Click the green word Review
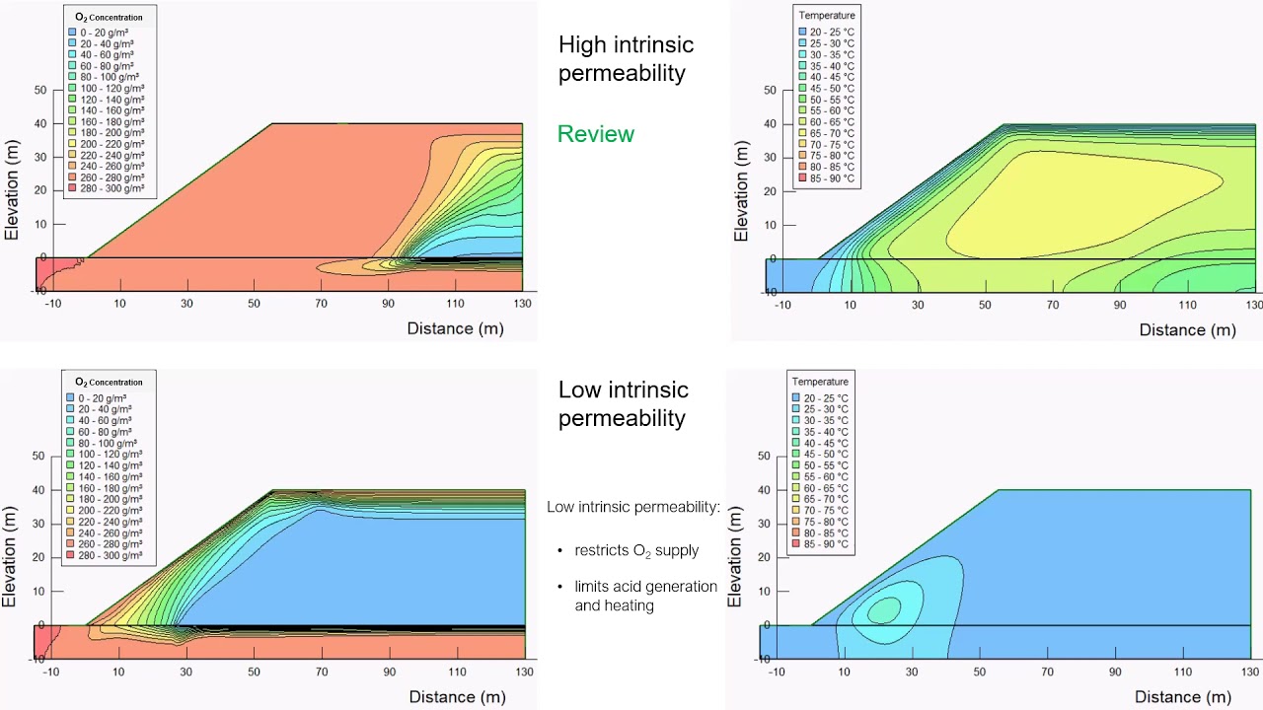point(595,134)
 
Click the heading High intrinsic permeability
point(626,58)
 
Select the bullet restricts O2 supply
point(636,550)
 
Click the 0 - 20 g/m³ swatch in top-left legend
point(73,33)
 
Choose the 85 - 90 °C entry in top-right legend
point(803,179)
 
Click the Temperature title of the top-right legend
point(827,16)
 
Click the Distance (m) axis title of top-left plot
point(455,328)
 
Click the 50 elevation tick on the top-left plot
point(40,90)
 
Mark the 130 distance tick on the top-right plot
point(1253,306)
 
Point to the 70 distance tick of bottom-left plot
point(322,672)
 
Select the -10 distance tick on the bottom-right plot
point(777,673)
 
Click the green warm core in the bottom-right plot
point(885,610)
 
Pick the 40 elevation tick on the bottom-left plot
point(39,490)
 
